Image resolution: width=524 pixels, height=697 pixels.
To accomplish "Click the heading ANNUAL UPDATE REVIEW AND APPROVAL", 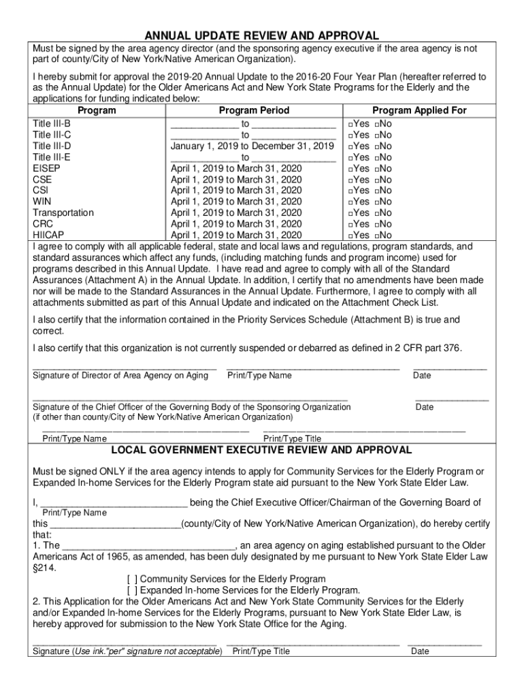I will click(x=261, y=35).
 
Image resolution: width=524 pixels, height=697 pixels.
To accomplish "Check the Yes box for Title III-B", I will click(x=348, y=125).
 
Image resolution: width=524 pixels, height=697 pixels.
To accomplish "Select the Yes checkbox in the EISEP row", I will click(x=348, y=169).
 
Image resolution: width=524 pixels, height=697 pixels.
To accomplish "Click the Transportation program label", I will click(x=63, y=212).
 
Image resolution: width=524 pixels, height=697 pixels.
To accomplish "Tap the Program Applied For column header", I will click(x=419, y=110).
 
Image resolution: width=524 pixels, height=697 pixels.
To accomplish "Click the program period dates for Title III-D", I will click(x=252, y=146).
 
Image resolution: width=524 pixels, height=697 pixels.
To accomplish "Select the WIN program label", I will click(x=42, y=201).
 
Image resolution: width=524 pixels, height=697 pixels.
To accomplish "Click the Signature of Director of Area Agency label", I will click(x=120, y=376).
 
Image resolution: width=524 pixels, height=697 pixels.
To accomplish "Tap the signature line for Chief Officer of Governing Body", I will click(x=190, y=398).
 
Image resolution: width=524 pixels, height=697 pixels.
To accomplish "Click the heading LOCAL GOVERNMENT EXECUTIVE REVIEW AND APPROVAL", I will click(x=261, y=451).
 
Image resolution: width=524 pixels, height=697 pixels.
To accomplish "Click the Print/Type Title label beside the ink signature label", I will click(x=261, y=651).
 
